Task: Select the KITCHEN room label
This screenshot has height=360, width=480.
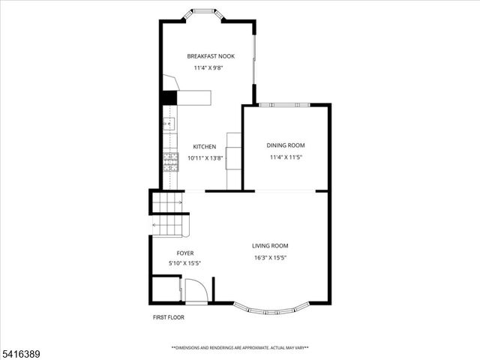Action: pyautogui.click(x=204, y=147)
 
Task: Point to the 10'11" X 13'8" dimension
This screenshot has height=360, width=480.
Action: pyautogui.click(x=204, y=158)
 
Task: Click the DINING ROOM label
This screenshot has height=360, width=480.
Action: pyautogui.click(x=286, y=145)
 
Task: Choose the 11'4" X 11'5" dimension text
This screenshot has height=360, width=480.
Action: pyautogui.click(x=286, y=157)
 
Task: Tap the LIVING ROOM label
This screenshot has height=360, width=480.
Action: pyautogui.click(x=270, y=246)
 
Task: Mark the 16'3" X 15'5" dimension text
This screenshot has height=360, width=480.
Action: pyautogui.click(x=270, y=257)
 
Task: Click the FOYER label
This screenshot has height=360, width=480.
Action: pyautogui.click(x=184, y=253)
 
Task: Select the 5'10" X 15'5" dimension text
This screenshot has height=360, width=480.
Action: pyautogui.click(x=184, y=263)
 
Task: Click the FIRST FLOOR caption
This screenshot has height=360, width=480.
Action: pyautogui.click(x=168, y=317)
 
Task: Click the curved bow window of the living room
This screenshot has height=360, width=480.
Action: pyautogui.click(x=271, y=308)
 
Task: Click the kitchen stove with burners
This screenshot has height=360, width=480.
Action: pyautogui.click(x=169, y=161)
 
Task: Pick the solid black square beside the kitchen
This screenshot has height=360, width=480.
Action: pyautogui.click(x=169, y=97)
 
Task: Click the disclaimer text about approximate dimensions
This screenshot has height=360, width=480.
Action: pyautogui.click(x=240, y=348)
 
